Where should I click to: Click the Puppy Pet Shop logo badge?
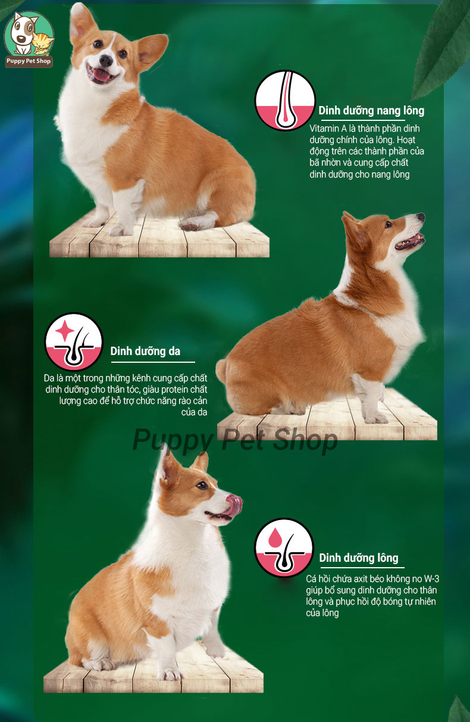[x=29, y=39]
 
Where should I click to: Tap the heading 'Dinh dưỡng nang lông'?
[x=371, y=111]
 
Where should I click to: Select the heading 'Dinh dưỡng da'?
[x=145, y=351]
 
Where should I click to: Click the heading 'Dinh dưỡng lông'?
[x=359, y=558]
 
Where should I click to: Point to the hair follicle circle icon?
[x=285, y=100]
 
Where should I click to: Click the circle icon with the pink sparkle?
[x=74, y=342]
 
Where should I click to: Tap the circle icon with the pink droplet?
[x=284, y=547]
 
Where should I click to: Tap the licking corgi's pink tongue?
[x=234, y=505]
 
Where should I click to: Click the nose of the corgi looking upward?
[x=421, y=217]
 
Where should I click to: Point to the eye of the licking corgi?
[x=202, y=485]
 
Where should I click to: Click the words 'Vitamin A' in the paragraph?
[x=328, y=129]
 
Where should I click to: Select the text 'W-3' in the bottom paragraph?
[x=431, y=578]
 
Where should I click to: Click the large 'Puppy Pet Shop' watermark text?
[x=235, y=440]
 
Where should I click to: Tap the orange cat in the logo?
[x=43, y=44]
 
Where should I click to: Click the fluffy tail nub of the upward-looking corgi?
[x=221, y=371]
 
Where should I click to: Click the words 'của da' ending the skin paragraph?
[x=194, y=412]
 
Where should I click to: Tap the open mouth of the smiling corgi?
[x=101, y=74]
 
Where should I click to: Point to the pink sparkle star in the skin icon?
[x=65, y=331]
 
